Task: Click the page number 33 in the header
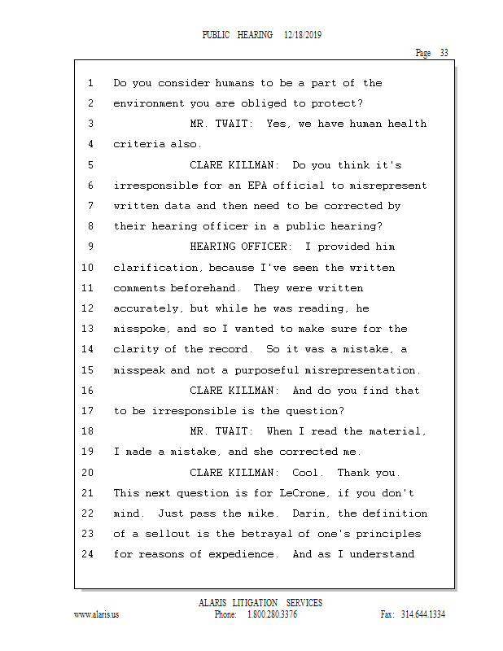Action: (x=444, y=53)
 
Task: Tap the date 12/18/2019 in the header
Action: (x=304, y=35)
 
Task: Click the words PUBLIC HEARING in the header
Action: (x=237, y=35)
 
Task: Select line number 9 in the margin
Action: (x=89, y=247)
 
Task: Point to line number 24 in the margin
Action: (x=89, y=554)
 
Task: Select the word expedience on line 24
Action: (x=243, y=554)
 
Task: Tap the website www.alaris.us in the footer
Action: (x=96, y=614)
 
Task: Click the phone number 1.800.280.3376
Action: (x=272, y=614)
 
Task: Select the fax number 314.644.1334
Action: (x=423, y=614)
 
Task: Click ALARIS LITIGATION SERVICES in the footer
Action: (x=260, y=603)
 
